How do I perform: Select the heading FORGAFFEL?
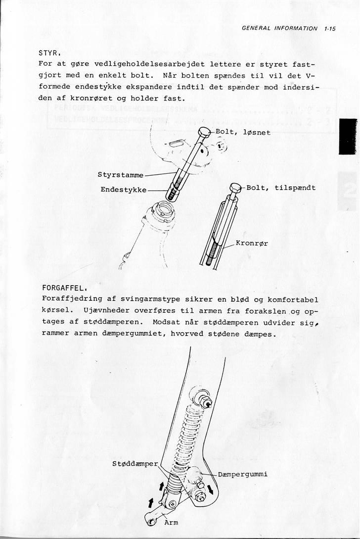tap(62, 287)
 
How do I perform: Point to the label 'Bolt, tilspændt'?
tap(280, 188)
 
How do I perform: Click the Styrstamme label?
tap(121, 175)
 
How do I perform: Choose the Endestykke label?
tap(123, 189)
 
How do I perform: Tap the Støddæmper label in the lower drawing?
tap(135, 464)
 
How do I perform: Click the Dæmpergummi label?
tap(242, 474)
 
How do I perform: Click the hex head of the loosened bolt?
tap(204, 132)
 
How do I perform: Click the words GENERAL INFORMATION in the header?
tap(279, 29)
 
